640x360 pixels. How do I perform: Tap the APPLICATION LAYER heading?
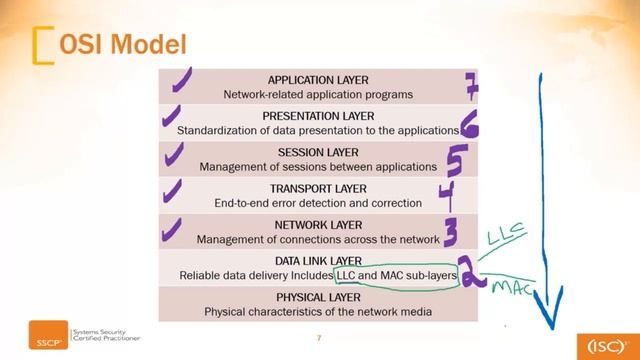(318, 80)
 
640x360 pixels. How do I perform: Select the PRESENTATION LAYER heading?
(318, 116)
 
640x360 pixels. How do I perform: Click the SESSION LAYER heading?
(318, 152)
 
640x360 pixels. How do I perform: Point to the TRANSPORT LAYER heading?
(318, 188)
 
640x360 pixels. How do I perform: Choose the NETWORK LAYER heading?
(318, 225)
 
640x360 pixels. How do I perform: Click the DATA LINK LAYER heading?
(318, 260)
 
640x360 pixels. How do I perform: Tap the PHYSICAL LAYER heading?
(318, 297)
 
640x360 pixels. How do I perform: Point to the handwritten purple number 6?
(468, 124)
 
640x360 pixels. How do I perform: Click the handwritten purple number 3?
(451, 234)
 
